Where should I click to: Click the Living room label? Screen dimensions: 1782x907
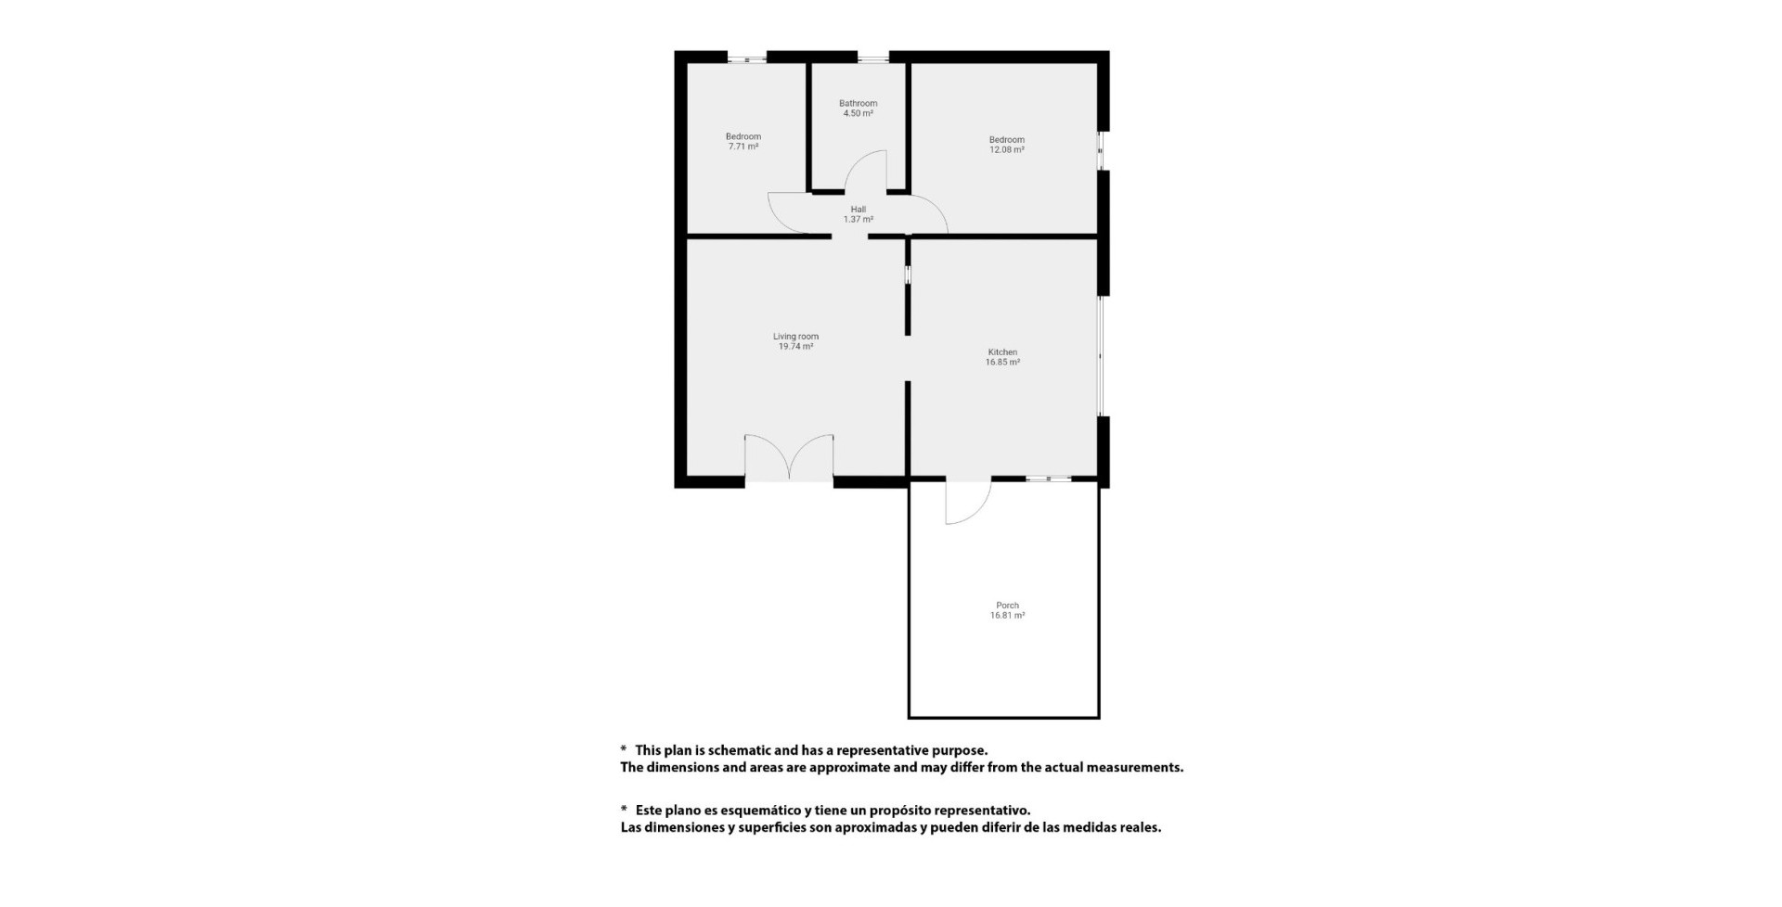pyautogui.click(x=795, y=337)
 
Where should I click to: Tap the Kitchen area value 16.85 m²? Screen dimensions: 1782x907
pyautogui.click(x=1002, y=363)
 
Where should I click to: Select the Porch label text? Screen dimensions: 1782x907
pyautogui.click(x=1007, y=606)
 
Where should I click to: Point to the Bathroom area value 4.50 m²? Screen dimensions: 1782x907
pyautogui.click(x=858, y=113)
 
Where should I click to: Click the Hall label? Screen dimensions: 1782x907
pyautogui.click(x=858, y=210)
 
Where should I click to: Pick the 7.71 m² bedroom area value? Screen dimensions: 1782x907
pyautogui.click(x=742, y=147)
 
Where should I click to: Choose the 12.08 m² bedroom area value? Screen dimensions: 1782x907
pyautogui.click(x=1006, y=150)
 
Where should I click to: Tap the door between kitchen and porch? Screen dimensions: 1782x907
pyautogui.click(x=968, y=502)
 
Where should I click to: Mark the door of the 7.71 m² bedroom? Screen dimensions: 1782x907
pyautogui.click(x=791, y=212)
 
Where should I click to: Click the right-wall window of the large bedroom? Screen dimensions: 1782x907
pyautogui.click(x=1101, y=150)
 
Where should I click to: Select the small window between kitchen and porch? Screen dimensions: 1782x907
pyautogui.click(x=1049, y=479)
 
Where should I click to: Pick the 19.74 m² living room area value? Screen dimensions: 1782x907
pyautogui.click(x=795, y=347)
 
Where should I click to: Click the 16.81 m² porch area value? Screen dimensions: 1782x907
pyautogui.click(x=1007, y=616)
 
